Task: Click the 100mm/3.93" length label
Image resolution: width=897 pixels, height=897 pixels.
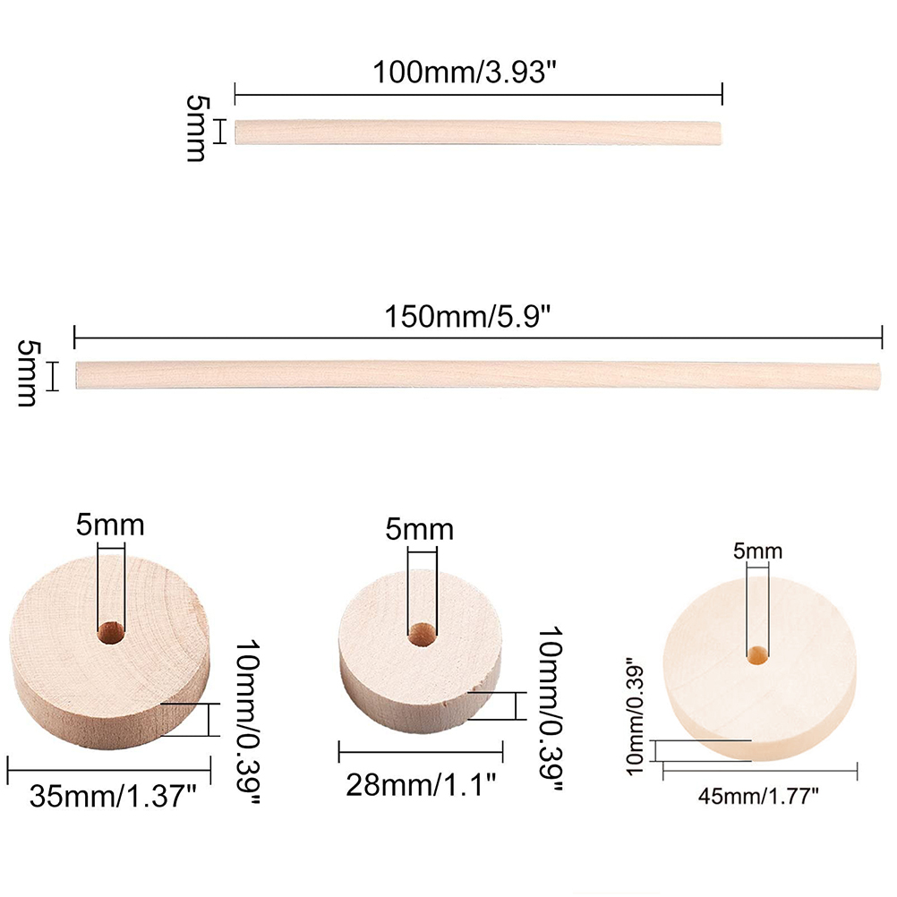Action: tap(465, 73)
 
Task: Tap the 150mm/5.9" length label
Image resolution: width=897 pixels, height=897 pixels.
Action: tap(466, 316)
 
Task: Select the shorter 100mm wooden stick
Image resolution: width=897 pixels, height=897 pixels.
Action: tap(478, 132)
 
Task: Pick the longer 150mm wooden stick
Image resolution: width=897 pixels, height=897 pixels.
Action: tap(478, 375)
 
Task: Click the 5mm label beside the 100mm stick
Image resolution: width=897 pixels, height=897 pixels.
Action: tap(197, 129)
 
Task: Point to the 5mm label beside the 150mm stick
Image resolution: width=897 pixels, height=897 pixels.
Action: tap(29, 373)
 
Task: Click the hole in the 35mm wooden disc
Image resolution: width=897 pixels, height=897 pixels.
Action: tap(111, 632)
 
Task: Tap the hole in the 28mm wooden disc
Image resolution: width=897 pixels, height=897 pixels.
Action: tap(423, 635)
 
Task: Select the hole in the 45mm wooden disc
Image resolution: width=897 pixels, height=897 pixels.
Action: tap(758, 655)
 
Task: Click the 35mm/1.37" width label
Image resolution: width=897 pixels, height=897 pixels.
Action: tap(113, 796)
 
